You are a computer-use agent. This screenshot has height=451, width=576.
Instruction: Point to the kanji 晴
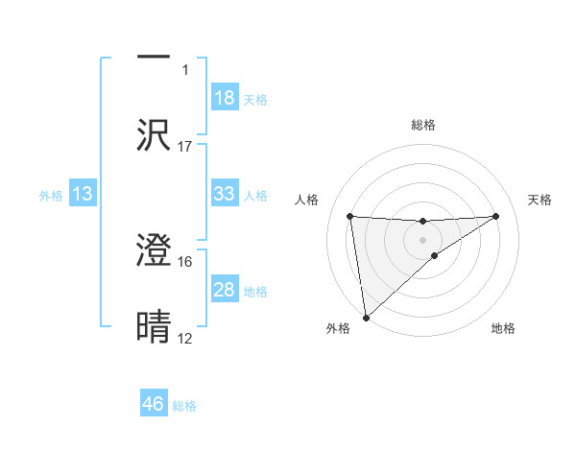pos(154,326)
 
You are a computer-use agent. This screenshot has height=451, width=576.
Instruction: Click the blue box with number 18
pos(224,98)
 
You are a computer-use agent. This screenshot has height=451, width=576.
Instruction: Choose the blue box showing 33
pos(224,194)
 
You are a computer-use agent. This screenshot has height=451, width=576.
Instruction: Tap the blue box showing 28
pos(224,290)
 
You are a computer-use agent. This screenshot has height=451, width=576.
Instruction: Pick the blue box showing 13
pos(83,194)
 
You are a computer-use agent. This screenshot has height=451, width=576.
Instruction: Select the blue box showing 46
pos(154,404)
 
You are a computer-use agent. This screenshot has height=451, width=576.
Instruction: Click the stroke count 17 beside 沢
pos(185,147)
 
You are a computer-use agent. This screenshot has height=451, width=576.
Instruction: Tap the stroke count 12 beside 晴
pos(185,339)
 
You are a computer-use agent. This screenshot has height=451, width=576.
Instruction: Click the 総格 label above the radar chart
pos(422,125)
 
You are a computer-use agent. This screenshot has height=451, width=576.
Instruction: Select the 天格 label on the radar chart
pos(540,200)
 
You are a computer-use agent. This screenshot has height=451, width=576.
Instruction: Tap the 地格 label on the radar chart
pos(503,329)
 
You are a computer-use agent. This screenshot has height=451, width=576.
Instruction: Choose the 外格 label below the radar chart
pos(338,329)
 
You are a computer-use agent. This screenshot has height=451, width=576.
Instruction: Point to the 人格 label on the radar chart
pos(308,200)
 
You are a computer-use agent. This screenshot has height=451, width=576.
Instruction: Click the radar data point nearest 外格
pos(366,317)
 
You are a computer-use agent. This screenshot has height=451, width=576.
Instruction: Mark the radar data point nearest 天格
pos(496,216)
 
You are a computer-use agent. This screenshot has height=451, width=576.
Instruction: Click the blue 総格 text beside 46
pos(184,405)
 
